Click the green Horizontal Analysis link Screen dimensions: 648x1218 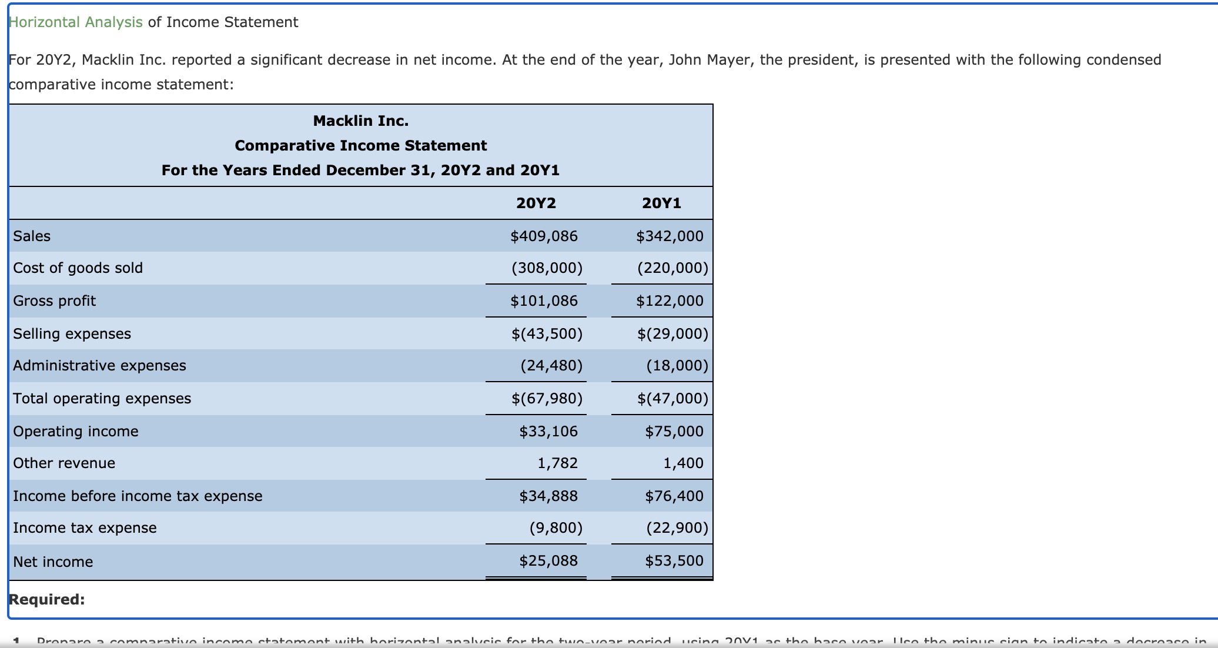tap(76, 22)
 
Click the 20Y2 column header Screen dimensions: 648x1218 tap(536, 203)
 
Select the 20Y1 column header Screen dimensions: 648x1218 tap(661, 203)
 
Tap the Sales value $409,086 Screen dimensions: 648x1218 tap(544, 236)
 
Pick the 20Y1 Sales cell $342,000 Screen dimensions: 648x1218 tap(670, 236)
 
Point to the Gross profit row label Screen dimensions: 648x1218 tap(54, 301)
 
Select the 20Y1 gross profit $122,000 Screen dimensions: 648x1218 tap(670, 301)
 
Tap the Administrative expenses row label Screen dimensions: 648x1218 tap(99, 366)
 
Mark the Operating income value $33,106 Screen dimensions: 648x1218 tap(548, 432)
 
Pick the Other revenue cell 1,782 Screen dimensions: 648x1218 tap(557, 463)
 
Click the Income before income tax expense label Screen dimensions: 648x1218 tap(138, 496)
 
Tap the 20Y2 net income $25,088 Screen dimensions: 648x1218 tap(548, 561)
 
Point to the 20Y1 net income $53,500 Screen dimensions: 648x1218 tap(674, 561)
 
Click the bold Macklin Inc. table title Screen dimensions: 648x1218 tap(360, 121)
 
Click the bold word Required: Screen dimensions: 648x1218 tap(47, 600)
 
